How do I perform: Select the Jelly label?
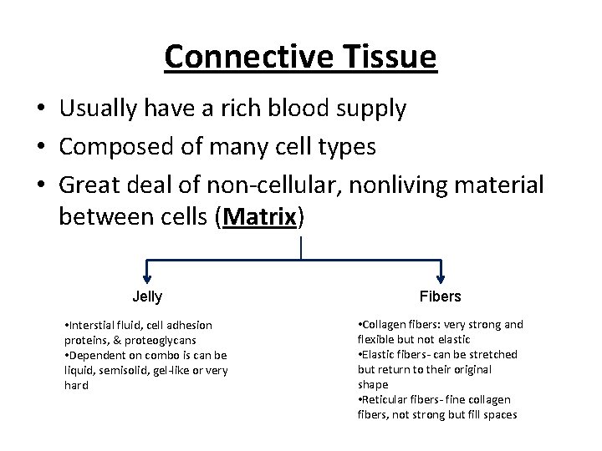point(147,296)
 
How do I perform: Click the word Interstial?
point(94,325)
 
